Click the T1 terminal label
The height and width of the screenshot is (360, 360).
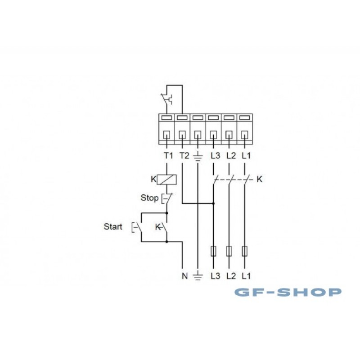point(168,156)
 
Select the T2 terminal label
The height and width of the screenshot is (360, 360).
point(184,156)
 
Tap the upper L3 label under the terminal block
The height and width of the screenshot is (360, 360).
point(216,156)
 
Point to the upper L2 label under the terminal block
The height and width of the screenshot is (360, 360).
point(231,156)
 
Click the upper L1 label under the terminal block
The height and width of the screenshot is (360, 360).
point(246,156)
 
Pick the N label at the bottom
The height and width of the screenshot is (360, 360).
point(184,276)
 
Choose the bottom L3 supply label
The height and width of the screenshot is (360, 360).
point(216,276)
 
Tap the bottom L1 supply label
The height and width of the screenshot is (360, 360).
point(246,276)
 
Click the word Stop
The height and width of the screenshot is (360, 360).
point(149,198)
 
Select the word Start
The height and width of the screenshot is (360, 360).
point(113,227)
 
